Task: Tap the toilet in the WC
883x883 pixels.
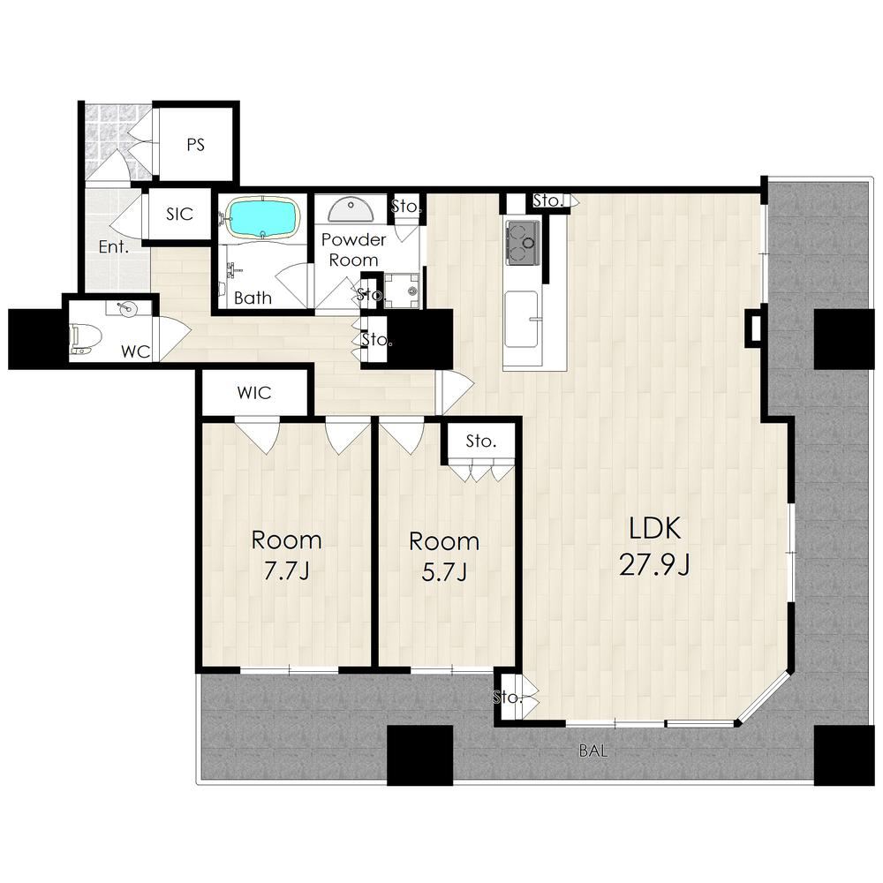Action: pyautogui.click(x=84, y=339)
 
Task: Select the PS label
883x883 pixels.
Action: pyautogui.click(x=195, y=145)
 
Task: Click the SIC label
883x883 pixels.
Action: pyautogui.click(x=179, y=214)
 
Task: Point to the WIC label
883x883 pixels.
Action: pyautogui.click(x=254, y=393)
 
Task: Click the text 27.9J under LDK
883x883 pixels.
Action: pyautogui.click(x=654, y=564)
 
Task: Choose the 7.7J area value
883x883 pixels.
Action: pyautogui.click(x=286, y=571)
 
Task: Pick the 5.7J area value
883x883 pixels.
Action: pyautogui.click(x=444, y=571)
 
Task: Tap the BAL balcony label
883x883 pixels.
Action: pyautogui.click(x=593, y=751)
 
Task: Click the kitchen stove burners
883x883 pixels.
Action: pyautogui.click(x=524, y=242)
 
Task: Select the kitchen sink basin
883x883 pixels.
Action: pyautogui.click(x=521, y=320)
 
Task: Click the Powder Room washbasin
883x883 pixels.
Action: pyautogui.click(x=351, y=210)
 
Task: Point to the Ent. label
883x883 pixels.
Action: pyautogui.click(x=114, y=246)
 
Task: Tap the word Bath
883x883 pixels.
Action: pyautogui.click(x=253, y=298)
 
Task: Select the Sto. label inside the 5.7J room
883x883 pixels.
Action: pyautogui.click(x=481, y=441)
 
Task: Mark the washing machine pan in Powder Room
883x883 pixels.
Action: pyautogui.click(x=402, y=291)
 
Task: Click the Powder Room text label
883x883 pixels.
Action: pyautogui.click(x=354, y=250)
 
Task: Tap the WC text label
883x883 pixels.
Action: pyautogui.click(x=136, y=352)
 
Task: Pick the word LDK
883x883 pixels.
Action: pyautogui.click(x=655, y=528)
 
